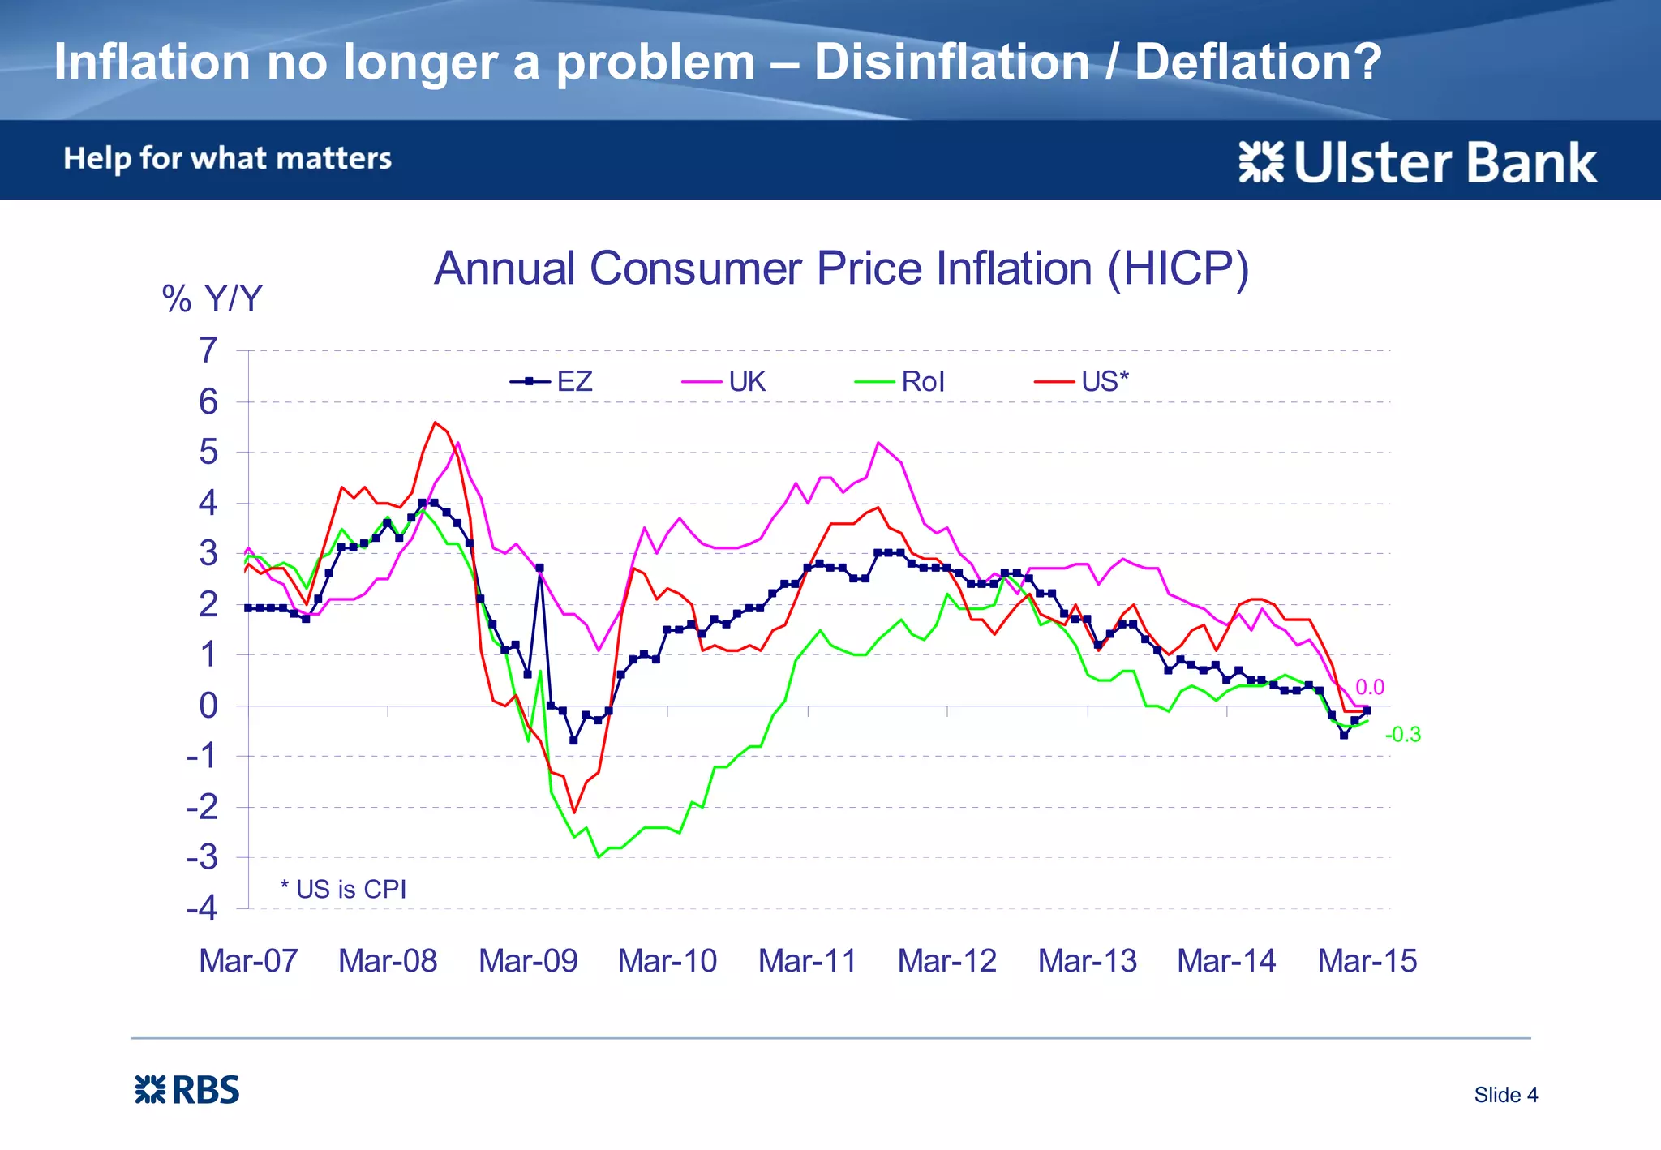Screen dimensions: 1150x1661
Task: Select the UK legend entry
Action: (x=724, y=381)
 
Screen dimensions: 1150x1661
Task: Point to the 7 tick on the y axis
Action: (x=208, y=350)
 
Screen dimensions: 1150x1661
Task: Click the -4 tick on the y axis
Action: (x=203, y=908)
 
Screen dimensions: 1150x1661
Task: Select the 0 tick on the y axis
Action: (x=208, y=706)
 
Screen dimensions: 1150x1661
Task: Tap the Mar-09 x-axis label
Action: (x=528, y=961)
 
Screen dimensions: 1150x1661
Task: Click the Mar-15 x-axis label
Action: (x=1367, y=961)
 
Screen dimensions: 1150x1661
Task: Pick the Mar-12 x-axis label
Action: (x=946, y=961)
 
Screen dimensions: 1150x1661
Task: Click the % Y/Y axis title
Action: (x=212, y=298)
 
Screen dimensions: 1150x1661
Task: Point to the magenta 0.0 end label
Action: (x=1370, y=687)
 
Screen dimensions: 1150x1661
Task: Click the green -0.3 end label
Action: (x=1402, y=735)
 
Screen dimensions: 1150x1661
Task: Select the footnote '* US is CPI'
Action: (x=343, y=889)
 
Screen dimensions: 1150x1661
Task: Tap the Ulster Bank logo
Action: (x=1418, y=162)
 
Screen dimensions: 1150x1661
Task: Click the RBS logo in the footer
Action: (x=187, y=1090)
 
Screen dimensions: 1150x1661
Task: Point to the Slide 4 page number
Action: (x=1505, y=1095)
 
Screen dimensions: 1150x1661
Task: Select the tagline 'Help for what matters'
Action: (x=227, y=158)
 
